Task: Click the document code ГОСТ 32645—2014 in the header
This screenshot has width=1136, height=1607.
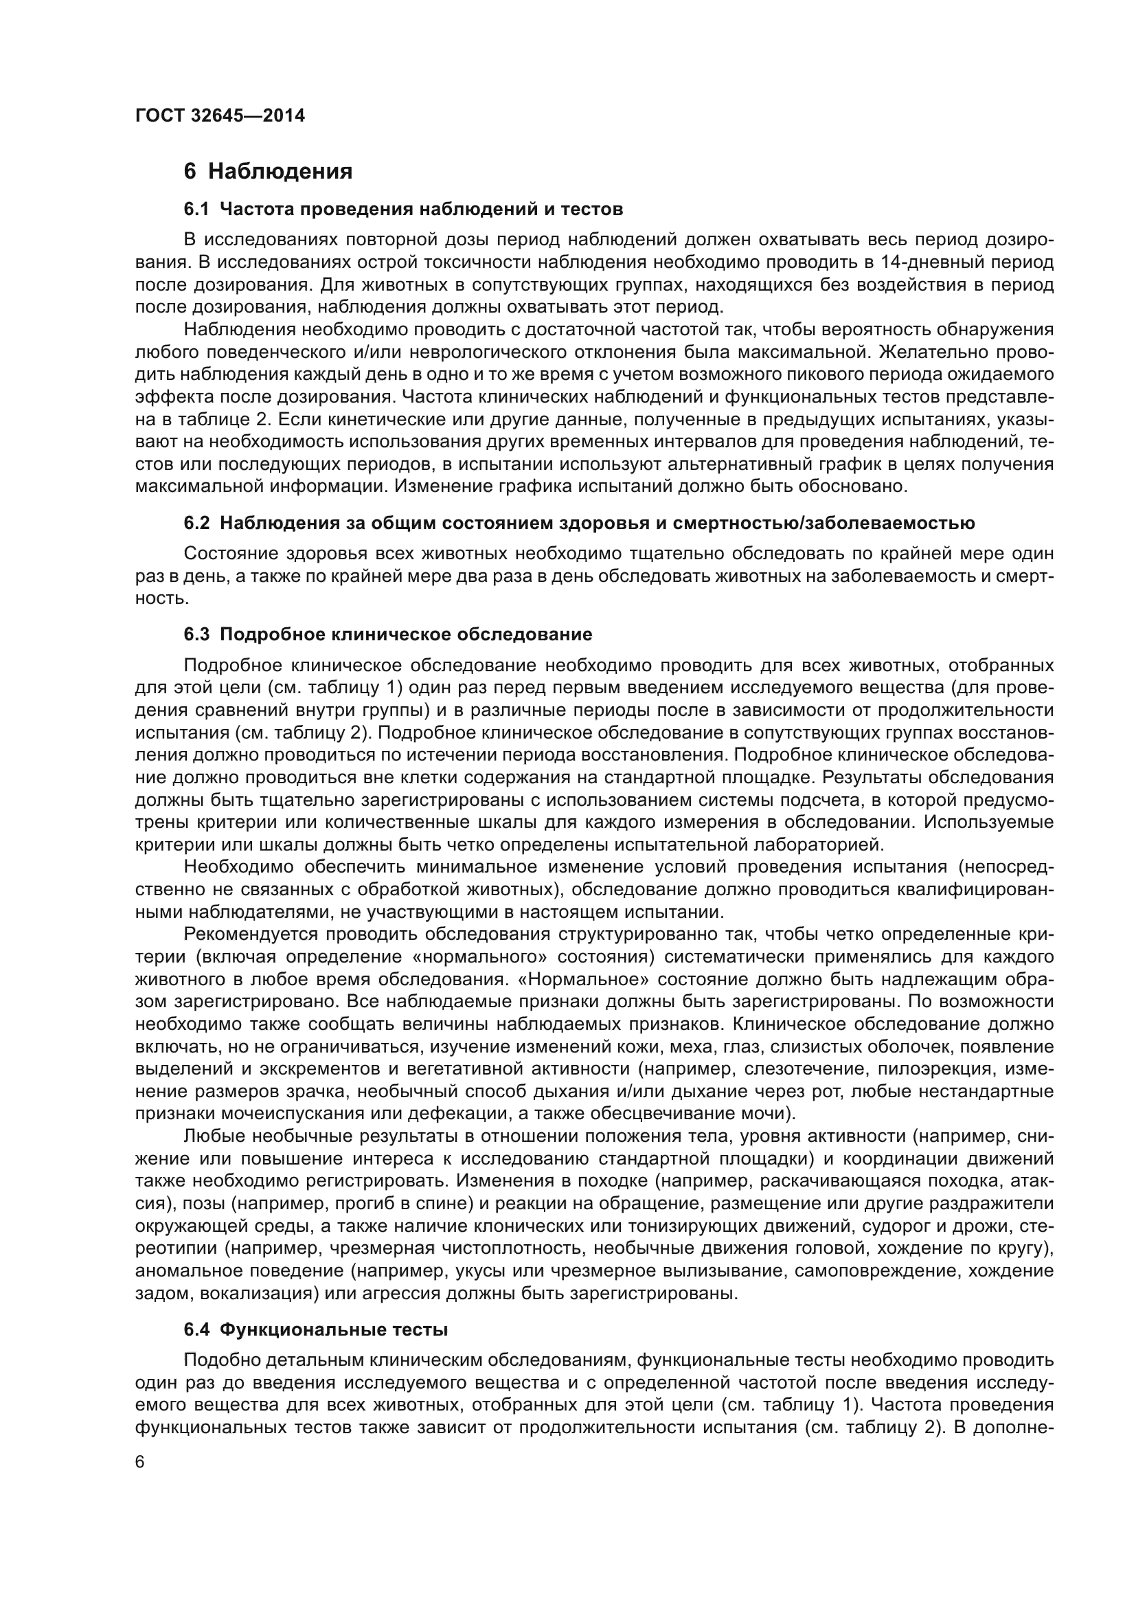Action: [220, 115]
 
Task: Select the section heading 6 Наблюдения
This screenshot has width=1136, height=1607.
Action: [268, 171]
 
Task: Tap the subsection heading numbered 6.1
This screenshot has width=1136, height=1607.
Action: [403, 209]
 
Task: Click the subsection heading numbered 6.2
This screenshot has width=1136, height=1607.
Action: [578, 523]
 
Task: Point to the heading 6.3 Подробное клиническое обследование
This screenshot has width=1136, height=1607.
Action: [387, 634]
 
